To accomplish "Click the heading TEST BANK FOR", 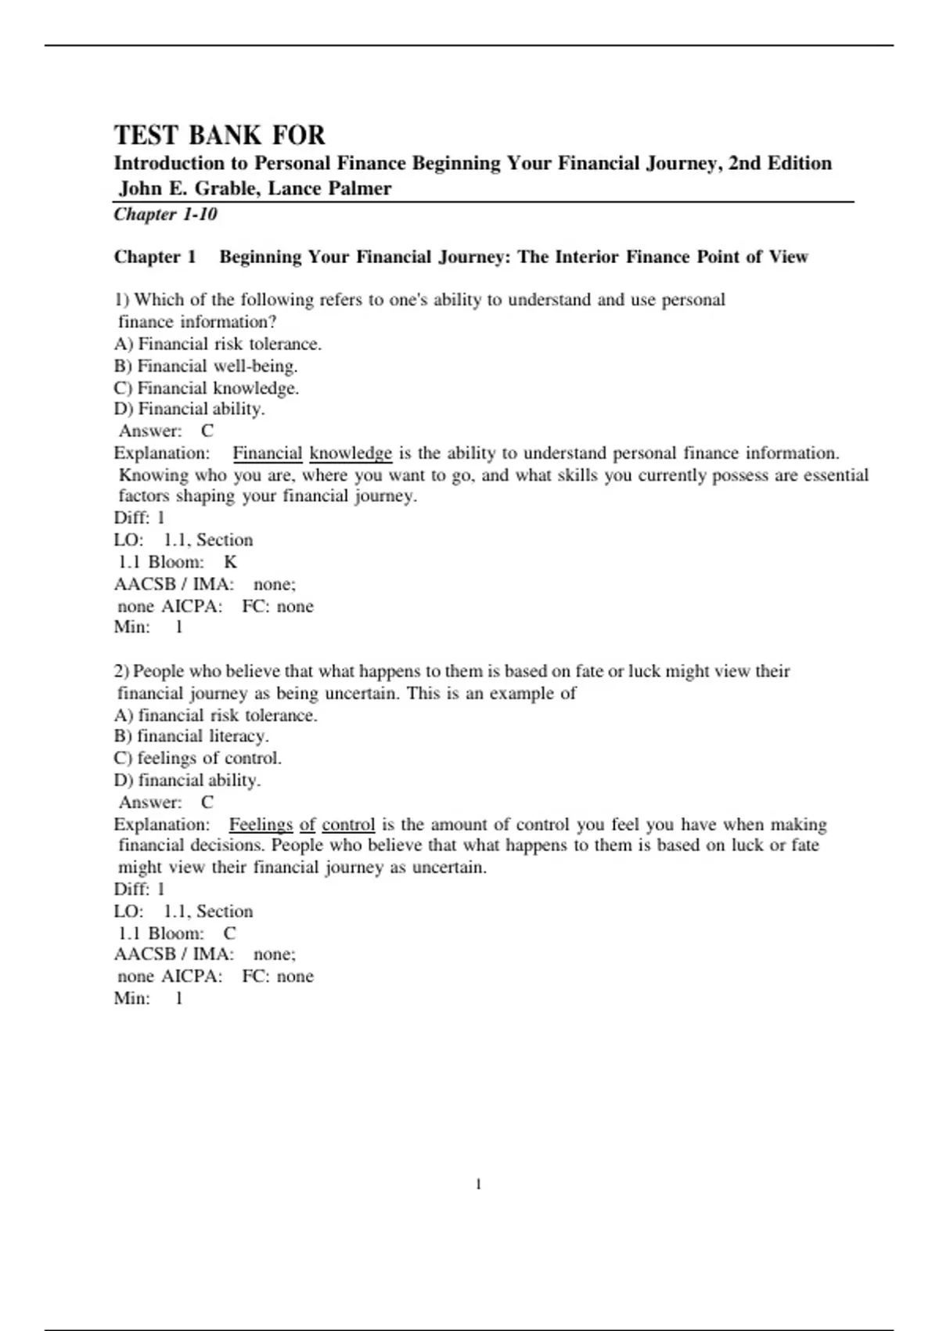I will (x=219, y=135).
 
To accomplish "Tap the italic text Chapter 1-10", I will (x=165, y=215).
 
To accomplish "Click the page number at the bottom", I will (x=478, y=1185).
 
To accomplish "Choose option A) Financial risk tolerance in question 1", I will (x=218, y=344).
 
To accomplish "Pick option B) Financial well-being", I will (x=206, y=366).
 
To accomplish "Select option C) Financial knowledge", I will (x=207, y=388).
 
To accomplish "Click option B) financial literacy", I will (x=191, y=736).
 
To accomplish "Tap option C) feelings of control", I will (x=197, y=758).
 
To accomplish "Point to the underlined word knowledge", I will (x=351, y=453).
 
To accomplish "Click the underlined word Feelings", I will (x=261, y=824).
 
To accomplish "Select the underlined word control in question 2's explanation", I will (x=348, y=824).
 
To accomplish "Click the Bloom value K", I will (x=230, y=562).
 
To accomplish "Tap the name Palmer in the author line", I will (x=361, y=189).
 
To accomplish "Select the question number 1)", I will (x=121, y=300).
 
